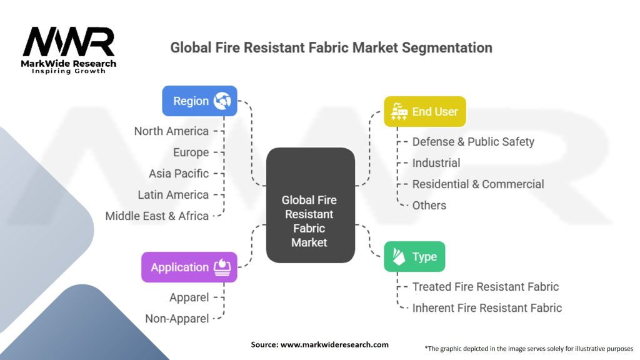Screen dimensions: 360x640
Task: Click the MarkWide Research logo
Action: (x=69, y=49)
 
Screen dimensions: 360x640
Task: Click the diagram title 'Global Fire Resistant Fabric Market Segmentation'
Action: (x=331, y=47)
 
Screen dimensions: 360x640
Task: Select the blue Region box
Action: (x=199, y=101)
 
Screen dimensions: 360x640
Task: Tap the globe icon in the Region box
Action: (x=222, y=101)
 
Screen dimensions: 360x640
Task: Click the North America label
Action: (x=171, y=131)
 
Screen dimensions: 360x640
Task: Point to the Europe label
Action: (x=191, y=152)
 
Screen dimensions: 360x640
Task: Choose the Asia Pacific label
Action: (x=179, y=173)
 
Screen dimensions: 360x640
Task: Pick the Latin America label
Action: (x=173, y=194)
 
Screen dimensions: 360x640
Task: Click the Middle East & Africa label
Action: (x=157, y=216)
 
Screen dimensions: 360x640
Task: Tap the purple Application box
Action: (x=189, y=267)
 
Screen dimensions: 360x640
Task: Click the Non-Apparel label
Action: (x=177, y=319)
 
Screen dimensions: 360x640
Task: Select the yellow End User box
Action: (x=424, y=112)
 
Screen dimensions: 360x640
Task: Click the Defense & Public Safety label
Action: (x=473, y=142)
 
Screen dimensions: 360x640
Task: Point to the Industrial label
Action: (x=436, y=163)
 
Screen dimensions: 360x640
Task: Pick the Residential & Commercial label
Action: (x=478, y=184)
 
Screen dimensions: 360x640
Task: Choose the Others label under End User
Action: (x=429, y=205)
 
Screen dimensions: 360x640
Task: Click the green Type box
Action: (x=414, y=257)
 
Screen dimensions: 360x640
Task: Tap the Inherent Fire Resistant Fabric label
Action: (x=487, y=307)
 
